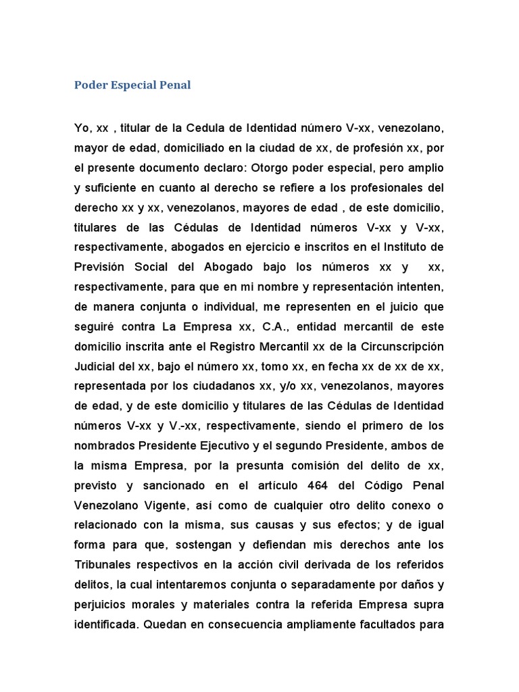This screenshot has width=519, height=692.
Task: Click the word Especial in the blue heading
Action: pyautogui.click(x=133, y=85)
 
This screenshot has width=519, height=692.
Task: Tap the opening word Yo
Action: pyautogui.click(x=82, y=128)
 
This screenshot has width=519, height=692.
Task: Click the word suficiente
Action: pyautogui.click(x=113, y=187)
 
